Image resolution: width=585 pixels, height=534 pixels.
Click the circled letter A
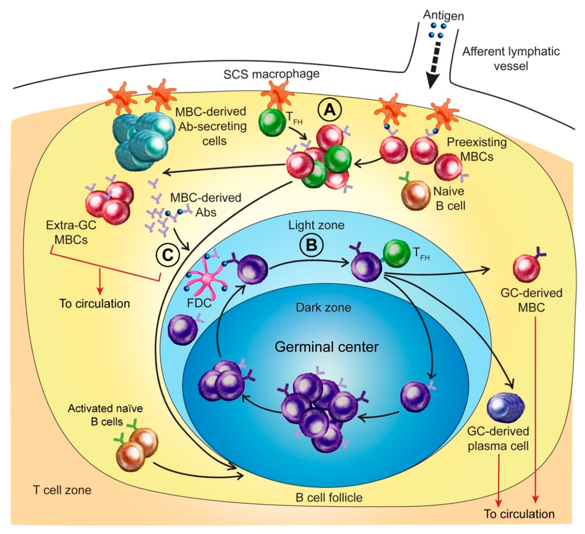(x=329, y=110)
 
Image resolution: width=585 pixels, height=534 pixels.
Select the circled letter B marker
(x=311, y=245)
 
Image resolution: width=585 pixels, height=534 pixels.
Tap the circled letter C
(x=168, y=255)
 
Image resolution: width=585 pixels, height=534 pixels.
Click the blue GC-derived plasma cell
(x=505, y=406)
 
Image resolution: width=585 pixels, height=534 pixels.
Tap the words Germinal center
(x=327, y=347)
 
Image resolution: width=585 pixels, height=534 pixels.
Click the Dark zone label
(x=323, y=307)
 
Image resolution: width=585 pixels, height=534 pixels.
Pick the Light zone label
(x=316, y=225)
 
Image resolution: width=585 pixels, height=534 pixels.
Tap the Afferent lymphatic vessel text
(x=511, y=59)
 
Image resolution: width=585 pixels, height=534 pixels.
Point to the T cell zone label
(x=62, y=490)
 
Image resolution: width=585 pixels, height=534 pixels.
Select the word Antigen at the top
(x=443, y=15)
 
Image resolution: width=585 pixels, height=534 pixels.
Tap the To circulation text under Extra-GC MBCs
(x=95, y=303)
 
